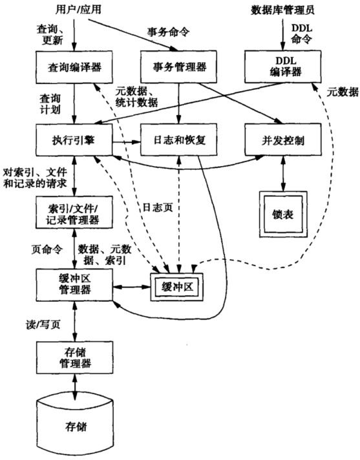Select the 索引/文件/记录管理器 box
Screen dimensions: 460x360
tap(74, 214)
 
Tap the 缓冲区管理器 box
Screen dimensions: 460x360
tap(74, 284)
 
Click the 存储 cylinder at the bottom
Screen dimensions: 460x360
tap(74, 427)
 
